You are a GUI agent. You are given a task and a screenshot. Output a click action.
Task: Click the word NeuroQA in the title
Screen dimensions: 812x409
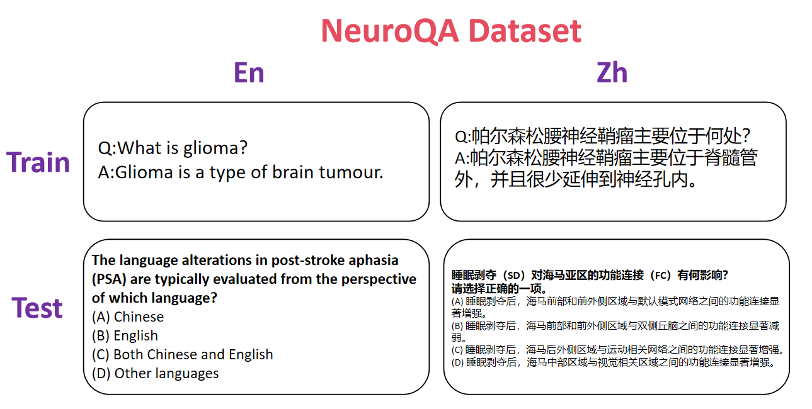point(390,32)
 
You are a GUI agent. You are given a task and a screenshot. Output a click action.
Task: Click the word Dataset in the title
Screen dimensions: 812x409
point(525,31)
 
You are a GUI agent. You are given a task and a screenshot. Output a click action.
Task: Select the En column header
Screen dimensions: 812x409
point(249,72)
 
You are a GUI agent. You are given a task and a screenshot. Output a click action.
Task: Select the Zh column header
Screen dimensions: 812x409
point(612,72)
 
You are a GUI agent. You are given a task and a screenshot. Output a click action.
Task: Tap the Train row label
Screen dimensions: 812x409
point(38,162)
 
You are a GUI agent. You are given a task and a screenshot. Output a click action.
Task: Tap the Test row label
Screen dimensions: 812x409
point(37,308)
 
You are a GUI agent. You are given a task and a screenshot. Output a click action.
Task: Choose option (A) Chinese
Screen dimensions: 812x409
point(128,317)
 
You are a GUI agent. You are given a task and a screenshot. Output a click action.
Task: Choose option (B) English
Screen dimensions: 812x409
point(125,336)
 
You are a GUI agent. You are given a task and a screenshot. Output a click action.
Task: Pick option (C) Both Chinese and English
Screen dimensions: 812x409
point(182,355)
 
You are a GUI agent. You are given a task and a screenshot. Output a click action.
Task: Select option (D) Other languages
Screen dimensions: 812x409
point(155,374)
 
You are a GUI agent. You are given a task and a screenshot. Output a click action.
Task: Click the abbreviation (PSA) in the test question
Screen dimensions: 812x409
point(109,279)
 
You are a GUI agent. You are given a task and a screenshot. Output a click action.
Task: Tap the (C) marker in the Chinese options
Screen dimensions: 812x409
point(457,350)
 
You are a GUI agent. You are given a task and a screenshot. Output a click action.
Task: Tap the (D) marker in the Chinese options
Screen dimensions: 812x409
point(457,362)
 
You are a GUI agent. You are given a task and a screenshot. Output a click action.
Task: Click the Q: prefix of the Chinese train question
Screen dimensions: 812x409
point(463,137)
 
